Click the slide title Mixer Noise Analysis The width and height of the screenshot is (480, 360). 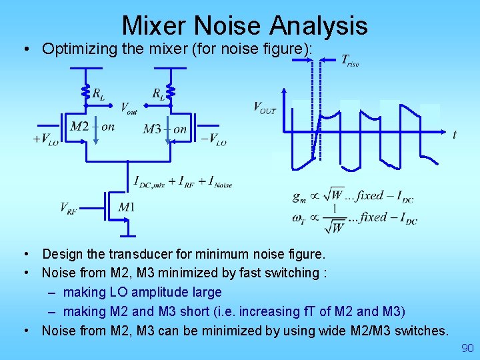(245, 25)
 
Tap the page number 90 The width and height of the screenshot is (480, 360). (467, 348)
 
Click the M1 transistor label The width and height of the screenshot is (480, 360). (127, 208)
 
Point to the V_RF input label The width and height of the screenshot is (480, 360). (69, 208)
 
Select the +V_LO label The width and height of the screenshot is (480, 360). (45, 140)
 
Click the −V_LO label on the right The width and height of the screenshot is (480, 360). (213, 139)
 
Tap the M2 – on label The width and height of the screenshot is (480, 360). (92, 127)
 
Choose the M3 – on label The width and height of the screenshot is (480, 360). (165, 129)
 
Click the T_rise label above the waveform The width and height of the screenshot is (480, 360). (350, 61)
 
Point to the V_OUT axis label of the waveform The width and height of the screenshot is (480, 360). (265, 107)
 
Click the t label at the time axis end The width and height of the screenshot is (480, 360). (455, 135)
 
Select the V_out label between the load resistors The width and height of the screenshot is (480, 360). (129, 108)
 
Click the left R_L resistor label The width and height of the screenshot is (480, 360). (98, 94)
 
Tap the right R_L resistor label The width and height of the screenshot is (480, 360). (158, 94)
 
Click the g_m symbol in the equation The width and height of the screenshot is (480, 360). (299, 196)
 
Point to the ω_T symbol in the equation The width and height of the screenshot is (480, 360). (299, 218)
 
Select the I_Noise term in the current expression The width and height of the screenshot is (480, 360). (219, 181)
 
